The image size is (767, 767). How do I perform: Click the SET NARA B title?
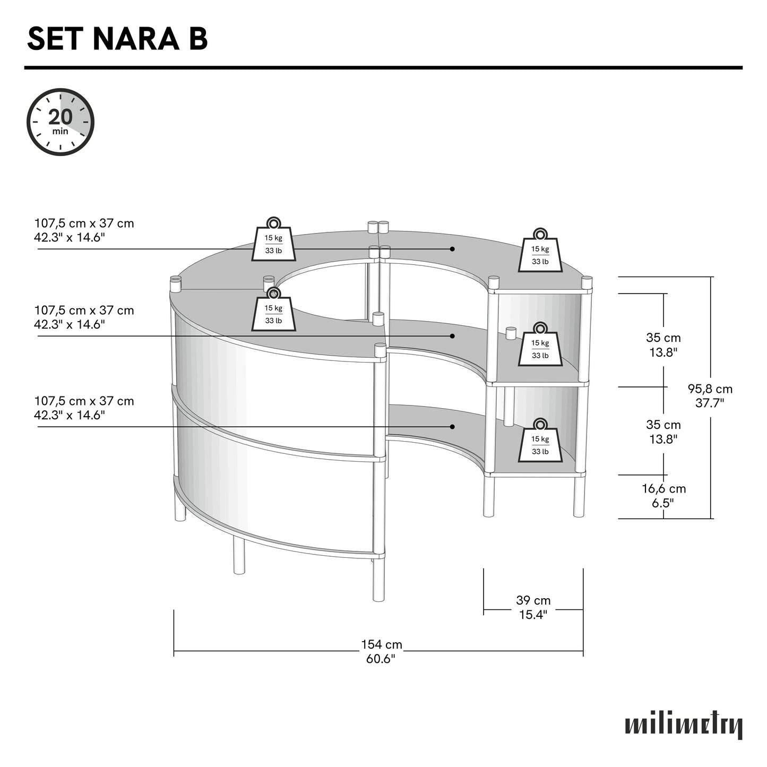click(x=117, y=39)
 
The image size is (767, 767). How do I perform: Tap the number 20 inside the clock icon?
click(x=61, y=117)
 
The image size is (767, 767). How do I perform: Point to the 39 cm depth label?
click(x=533, y=607)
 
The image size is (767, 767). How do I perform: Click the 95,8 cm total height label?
click(x=710, y=395)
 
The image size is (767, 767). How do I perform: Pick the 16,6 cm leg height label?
click(x=663, y=496)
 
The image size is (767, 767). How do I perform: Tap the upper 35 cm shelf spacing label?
click(x=663, y=344)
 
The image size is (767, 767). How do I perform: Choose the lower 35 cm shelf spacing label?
click(x=663, y=432)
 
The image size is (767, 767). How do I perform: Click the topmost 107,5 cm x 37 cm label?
click(x=84, y=230)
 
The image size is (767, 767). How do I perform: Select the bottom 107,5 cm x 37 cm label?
click(x=84, y=408)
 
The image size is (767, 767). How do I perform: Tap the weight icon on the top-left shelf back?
click(x=274, y=239)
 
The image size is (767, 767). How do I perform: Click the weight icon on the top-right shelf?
click(x=540, y=251)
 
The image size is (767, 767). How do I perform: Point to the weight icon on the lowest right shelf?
click(x=540, y=440)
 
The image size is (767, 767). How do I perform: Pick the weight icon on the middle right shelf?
click(x=540, y=344)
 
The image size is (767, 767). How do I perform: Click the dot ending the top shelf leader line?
click(x=452, y=249)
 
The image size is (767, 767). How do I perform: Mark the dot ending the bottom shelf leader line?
click(x=452, y=427)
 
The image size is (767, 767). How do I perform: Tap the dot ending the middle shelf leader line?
click(x=452, y=337)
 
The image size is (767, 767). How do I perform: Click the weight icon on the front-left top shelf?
click(x=274, y=309)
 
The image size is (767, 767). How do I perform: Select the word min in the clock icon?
click(x=60, y=131)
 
